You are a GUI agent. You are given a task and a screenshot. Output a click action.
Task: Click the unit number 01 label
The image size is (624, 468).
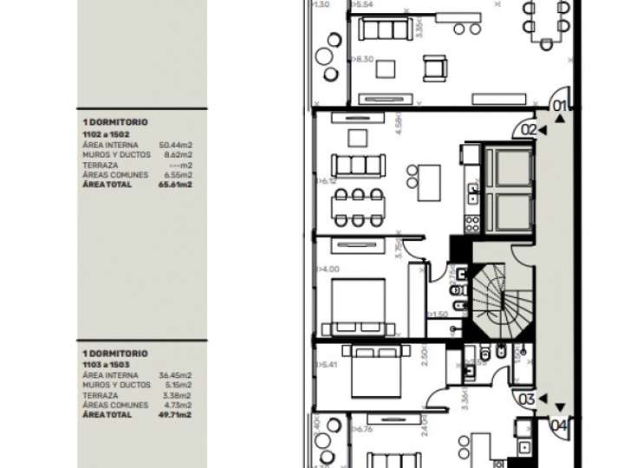(x=560, y=108)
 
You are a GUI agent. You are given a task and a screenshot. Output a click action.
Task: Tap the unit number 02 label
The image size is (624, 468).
(x=529, y=130)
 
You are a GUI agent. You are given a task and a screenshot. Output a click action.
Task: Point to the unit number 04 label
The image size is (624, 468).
(x=560, y=426)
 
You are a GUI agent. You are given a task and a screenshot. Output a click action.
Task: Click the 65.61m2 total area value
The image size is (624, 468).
(x=175, y=185)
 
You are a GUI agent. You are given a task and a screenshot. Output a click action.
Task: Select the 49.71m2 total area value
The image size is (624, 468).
(x=175, y=415)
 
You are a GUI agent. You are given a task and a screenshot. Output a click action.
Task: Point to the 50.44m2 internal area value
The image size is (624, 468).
(x=175, y=145)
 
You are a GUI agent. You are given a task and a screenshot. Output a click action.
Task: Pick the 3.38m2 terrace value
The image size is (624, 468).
(x=179, y=394)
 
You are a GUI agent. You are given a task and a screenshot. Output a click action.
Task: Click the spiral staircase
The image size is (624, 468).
(x=497, y=298)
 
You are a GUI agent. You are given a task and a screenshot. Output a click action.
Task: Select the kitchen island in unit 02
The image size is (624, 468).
(x=429, y=182)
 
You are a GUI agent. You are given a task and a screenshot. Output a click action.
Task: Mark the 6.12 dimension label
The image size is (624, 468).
(x=328, y=182)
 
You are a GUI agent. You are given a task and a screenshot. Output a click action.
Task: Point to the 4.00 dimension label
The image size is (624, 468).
(x=329, y=270)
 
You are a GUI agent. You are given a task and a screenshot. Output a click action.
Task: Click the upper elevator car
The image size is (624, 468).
(x=508, y=166)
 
